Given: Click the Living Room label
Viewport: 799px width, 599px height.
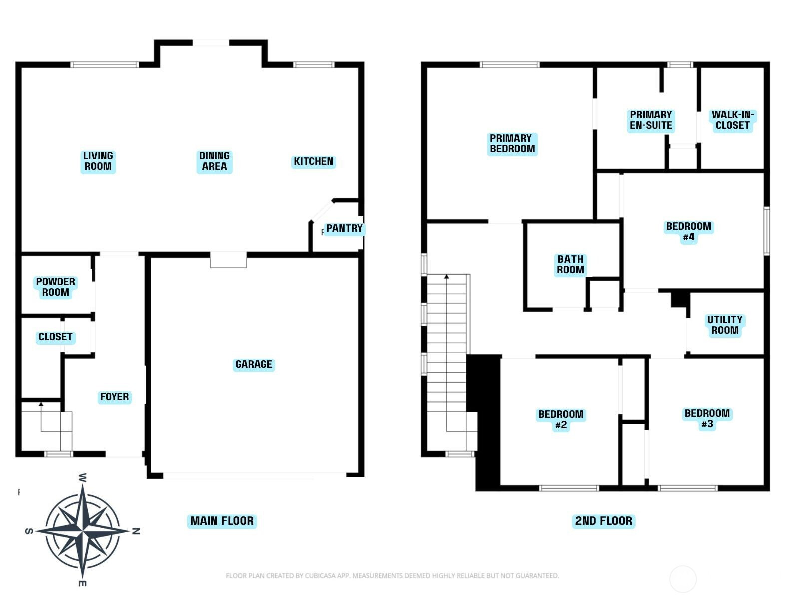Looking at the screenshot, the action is [x=98, y=161].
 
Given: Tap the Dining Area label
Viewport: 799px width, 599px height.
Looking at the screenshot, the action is [x=214, y=161].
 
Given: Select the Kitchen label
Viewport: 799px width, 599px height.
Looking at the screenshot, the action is [x=313, y=161].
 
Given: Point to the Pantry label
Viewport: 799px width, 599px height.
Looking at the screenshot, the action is [x=344, y=228].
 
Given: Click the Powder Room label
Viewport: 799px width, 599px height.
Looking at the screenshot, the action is [x=56, y=287].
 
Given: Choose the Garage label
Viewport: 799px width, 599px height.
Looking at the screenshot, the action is [x=253, y=364].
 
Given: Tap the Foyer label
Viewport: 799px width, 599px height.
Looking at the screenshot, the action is [x=115, y=396].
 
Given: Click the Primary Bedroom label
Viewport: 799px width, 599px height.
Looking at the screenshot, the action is [x=512, y=144].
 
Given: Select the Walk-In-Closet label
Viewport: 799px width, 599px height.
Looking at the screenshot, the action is [x=733, y=120].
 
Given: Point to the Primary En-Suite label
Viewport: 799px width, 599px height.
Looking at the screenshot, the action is [x=651, y=120].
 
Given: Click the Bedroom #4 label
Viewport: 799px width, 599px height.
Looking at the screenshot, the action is [x=688, y=231].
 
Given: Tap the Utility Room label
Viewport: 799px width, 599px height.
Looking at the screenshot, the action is [x=725, y=325].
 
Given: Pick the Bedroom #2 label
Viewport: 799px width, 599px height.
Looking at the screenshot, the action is [x=561, y=419].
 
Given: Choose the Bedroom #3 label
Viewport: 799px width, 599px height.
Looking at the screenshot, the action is [x=707, y=419].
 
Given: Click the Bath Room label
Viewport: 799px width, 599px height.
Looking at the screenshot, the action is [x=570, y=264].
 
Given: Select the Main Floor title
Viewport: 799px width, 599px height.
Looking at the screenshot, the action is [x=222, y=521].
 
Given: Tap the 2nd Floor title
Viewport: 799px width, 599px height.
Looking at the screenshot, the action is [x=604, y=521].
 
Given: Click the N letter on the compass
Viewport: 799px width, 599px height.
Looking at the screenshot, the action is [x=136, y=531].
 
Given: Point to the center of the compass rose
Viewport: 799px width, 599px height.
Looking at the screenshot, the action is [x=83, y=531].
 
